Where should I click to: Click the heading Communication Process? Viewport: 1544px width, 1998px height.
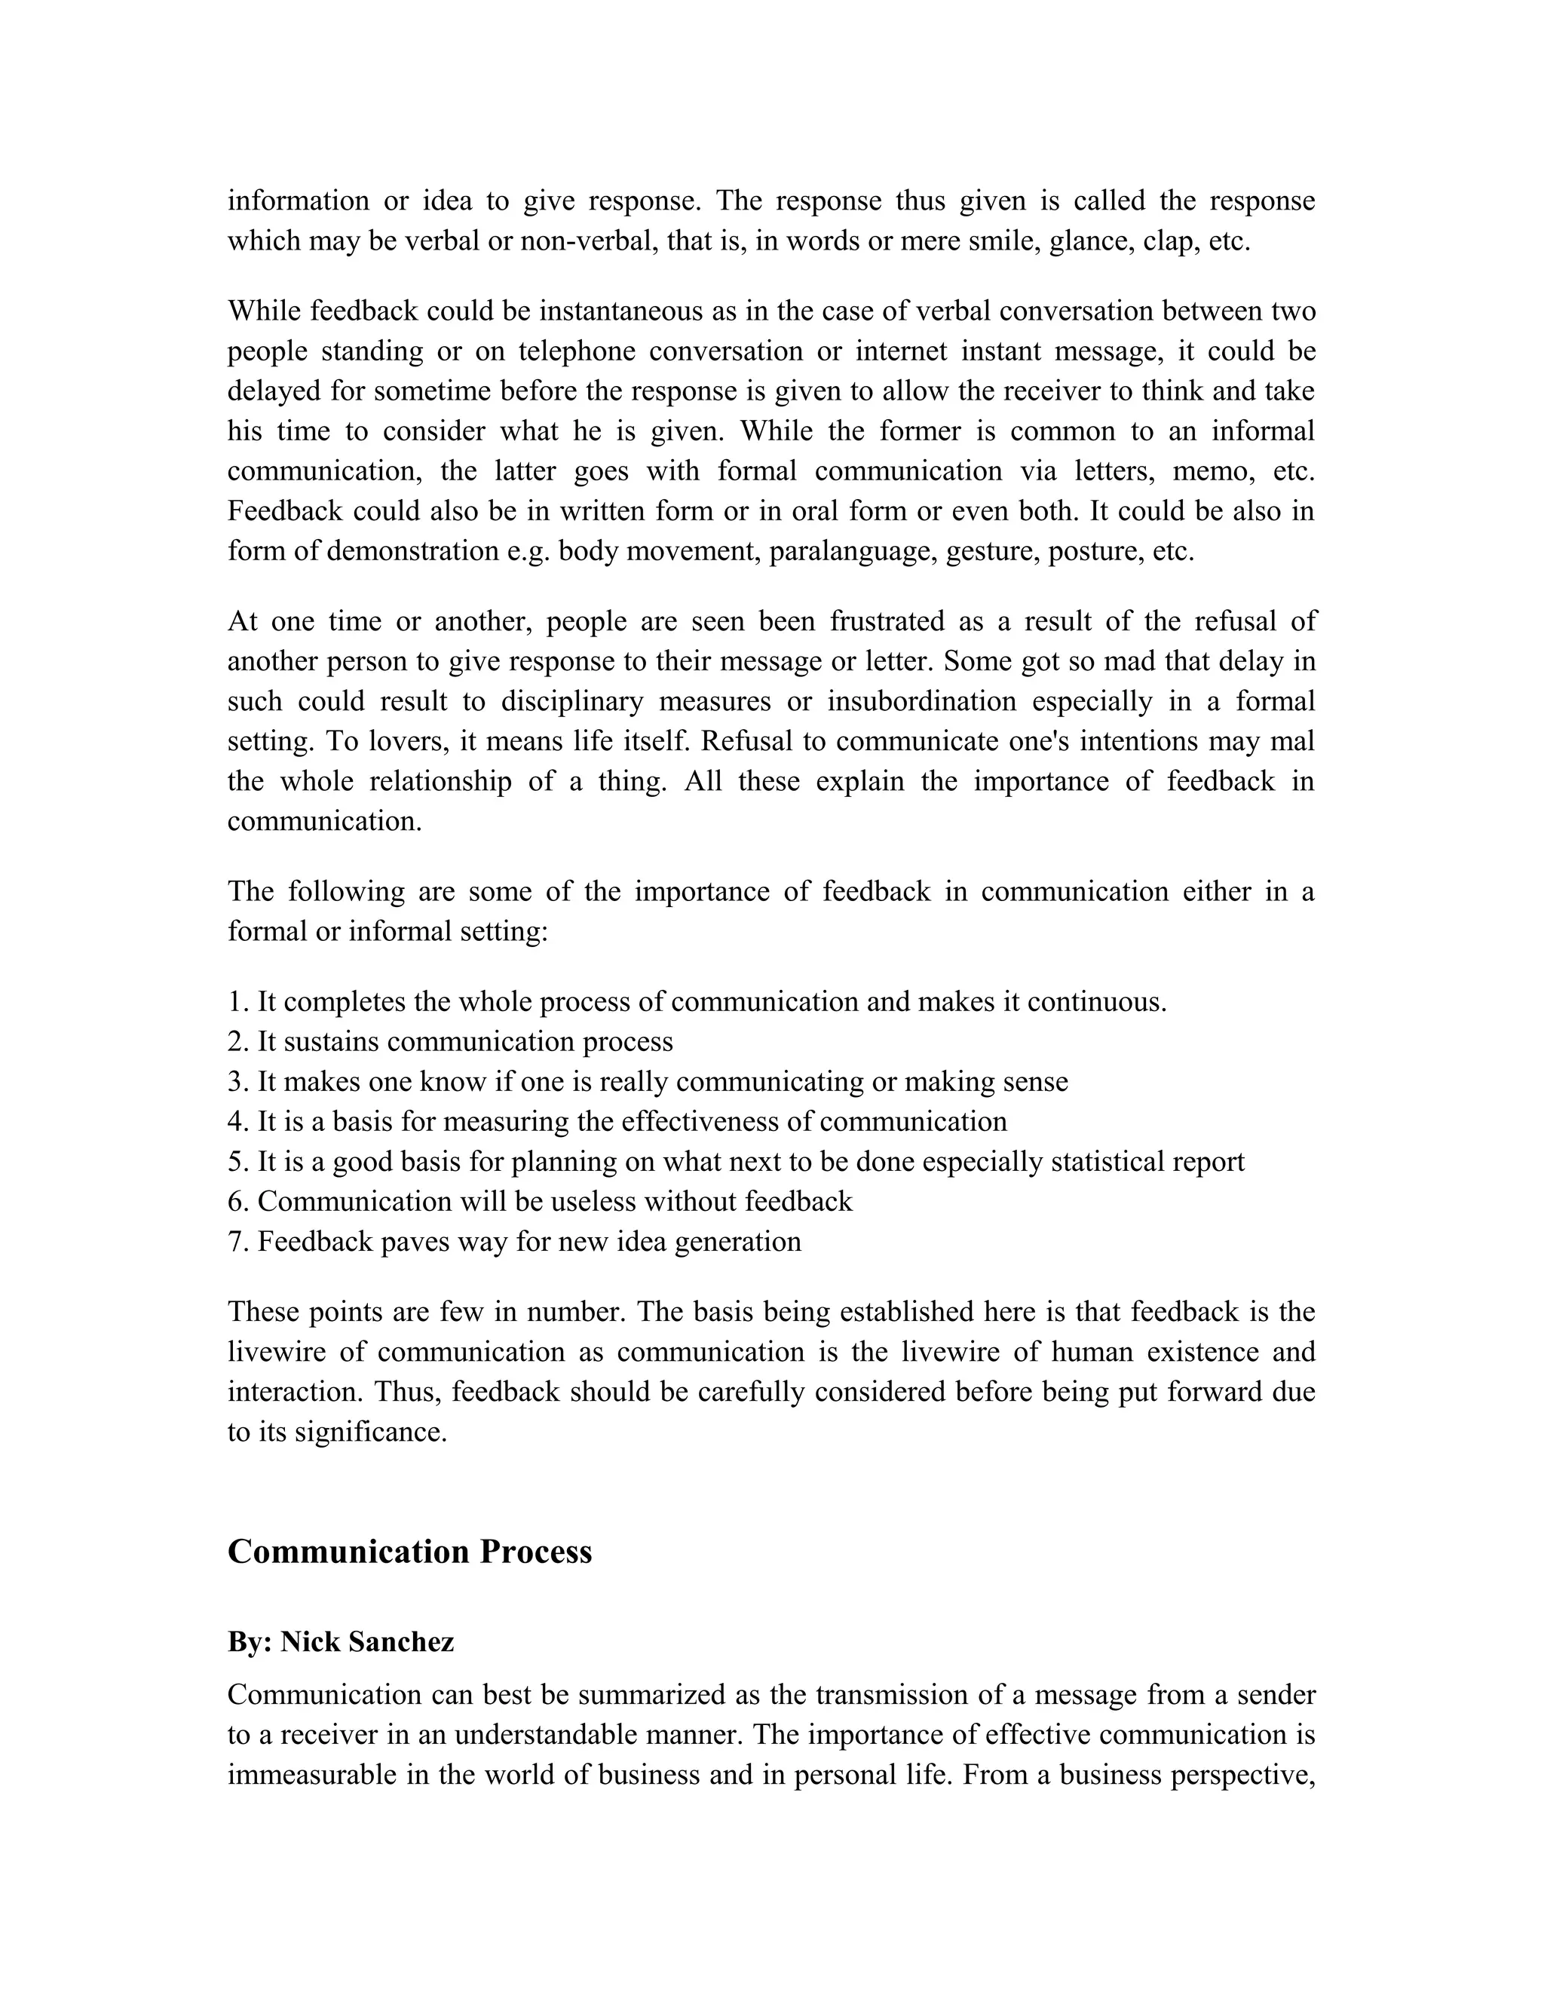click(410, 1552)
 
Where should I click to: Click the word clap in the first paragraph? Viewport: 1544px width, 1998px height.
click(1168, 241)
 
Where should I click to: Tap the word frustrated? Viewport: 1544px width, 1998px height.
click(887, 621)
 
